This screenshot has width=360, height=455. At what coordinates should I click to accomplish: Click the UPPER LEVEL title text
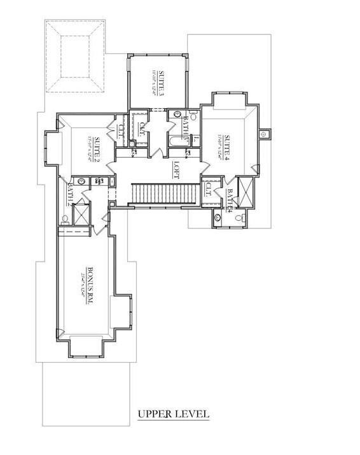(173, 414)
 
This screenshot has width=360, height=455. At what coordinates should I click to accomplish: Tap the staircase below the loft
(162, 192)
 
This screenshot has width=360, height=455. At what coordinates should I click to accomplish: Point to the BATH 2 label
(71, 193)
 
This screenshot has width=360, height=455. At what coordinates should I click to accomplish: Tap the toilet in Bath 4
(240, 217)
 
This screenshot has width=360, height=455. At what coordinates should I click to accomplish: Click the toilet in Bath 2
(66, 220)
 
